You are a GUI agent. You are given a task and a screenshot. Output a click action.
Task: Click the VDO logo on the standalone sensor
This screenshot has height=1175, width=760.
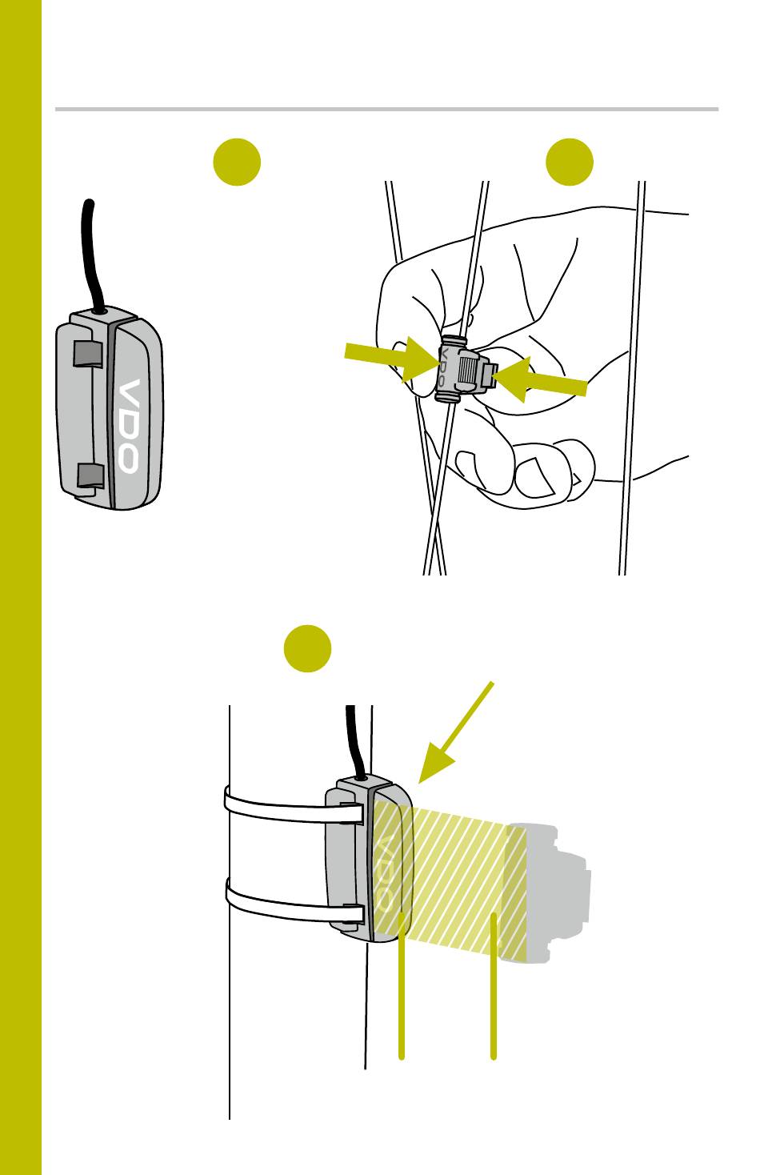128,425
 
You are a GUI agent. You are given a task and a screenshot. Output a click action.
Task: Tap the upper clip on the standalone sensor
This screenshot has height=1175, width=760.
88,352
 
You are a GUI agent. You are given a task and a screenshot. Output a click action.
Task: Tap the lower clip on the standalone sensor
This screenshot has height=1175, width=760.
90,475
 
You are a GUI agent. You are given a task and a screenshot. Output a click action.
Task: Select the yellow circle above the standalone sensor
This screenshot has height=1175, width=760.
237,162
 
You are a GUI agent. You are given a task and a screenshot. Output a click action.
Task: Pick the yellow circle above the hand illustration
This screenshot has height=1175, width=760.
570,162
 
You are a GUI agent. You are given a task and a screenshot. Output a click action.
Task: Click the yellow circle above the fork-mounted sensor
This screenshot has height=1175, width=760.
308,648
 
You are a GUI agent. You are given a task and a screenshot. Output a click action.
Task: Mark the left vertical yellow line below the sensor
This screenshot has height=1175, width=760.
402,1001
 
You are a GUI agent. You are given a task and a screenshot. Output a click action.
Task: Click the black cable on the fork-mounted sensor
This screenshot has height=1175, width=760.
352,736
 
